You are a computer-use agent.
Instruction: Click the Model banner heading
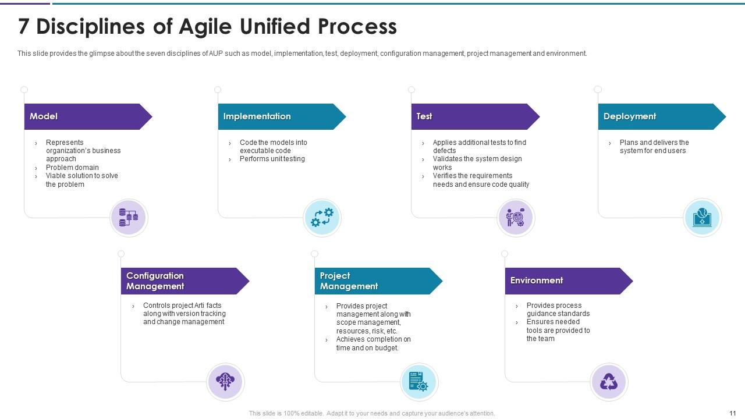click(44, 116)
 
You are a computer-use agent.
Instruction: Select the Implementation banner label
click(257, 116)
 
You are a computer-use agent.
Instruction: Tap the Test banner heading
click(424, 116)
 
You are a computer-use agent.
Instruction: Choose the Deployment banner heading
click(629, 116)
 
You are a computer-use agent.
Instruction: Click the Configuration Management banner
click(155, 281)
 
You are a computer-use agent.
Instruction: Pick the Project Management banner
click(349, 281)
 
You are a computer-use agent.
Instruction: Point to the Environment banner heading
click(536, 280)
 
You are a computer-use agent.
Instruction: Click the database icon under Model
click(129, 218)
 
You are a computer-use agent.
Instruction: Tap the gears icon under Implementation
click(322, 218)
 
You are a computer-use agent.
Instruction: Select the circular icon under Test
click(516, 218)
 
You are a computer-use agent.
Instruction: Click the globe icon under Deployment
click(702, 218)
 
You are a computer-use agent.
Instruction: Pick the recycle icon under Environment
click(609, 382)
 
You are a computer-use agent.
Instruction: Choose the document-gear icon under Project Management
click(418, 382)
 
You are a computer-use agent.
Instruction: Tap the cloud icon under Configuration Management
click(225, 382)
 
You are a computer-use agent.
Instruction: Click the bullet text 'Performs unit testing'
click(272, 159)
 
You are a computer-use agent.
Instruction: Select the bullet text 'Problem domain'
click(72, 168)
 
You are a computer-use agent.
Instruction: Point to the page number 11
click(732, 413)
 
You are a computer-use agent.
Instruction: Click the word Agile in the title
click(204, 27)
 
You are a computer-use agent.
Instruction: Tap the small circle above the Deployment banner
click(597, 90)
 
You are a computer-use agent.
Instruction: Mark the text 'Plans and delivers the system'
click(654, 147)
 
